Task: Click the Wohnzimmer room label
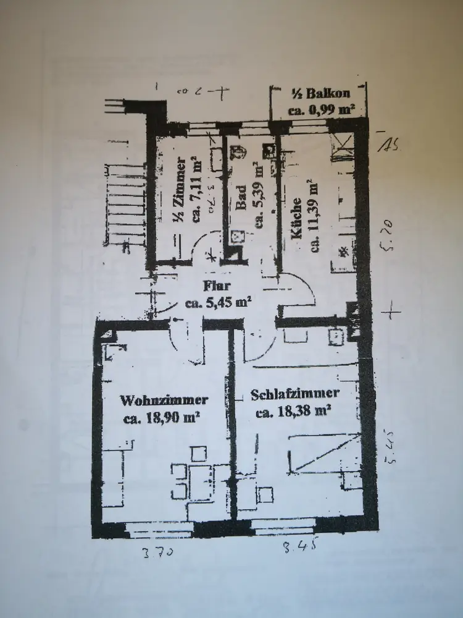pyautogui.click(x=164, y=400)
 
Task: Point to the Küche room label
pyautogui.click(x=297, y=218)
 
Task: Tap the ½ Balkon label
pyautogui.click(x=320, y=94)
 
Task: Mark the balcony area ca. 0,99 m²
pyautogui.click(x=321, y=111)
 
